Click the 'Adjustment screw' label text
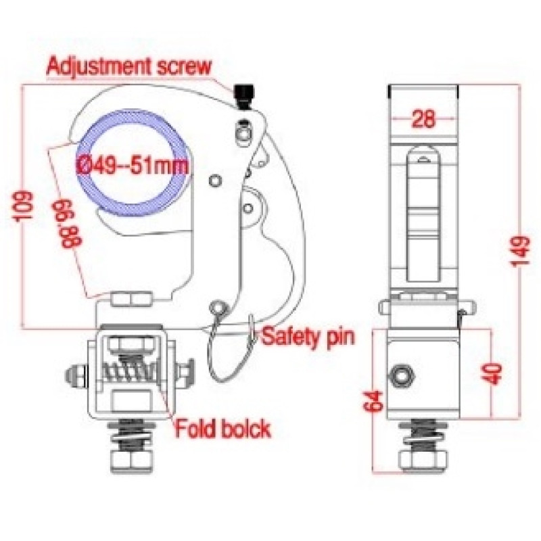128,66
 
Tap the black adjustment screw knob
244,96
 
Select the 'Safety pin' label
308,337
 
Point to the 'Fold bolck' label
223,429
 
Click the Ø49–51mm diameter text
132,166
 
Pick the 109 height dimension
24,206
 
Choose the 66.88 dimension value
66,224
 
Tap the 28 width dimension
424,119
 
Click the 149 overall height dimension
520,251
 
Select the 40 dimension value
492,373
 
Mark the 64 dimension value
374,401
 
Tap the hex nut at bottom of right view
423,459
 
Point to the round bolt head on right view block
400,375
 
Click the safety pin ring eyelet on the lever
218,306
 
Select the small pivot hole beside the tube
216,180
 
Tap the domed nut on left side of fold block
74,375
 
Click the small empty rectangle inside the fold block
132,400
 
